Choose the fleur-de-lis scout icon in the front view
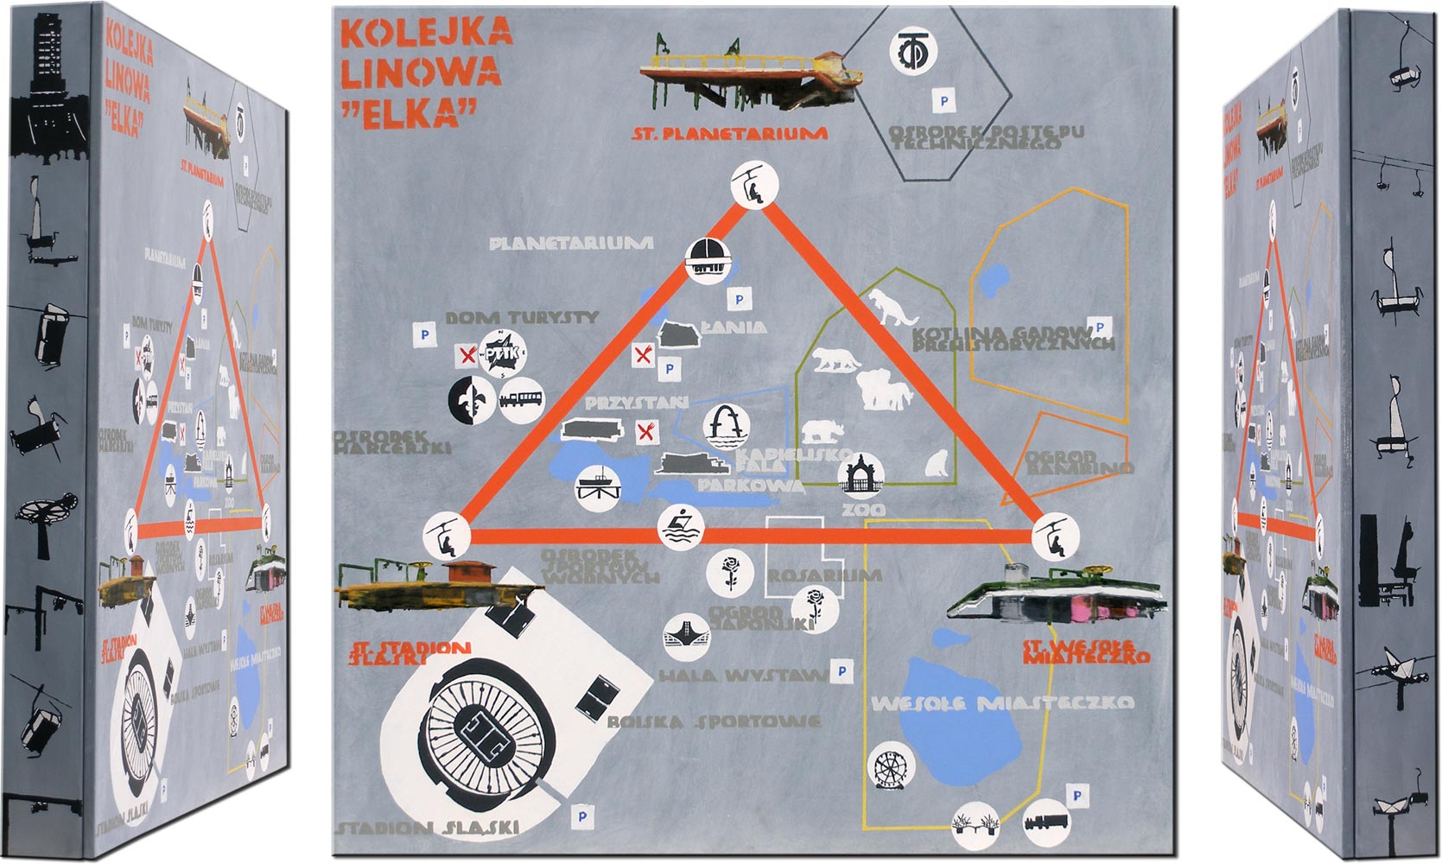coord(471,397)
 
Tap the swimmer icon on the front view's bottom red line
coord(681,528)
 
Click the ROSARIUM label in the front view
coord(824,575)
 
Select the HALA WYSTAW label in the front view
coord(741,676)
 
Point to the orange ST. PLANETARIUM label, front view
coord(729,134)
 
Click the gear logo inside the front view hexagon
coord(913,52)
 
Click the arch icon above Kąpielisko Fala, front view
coord(726,427)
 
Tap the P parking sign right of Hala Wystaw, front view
coord(841,671)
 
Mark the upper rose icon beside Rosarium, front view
coord(724,573)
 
